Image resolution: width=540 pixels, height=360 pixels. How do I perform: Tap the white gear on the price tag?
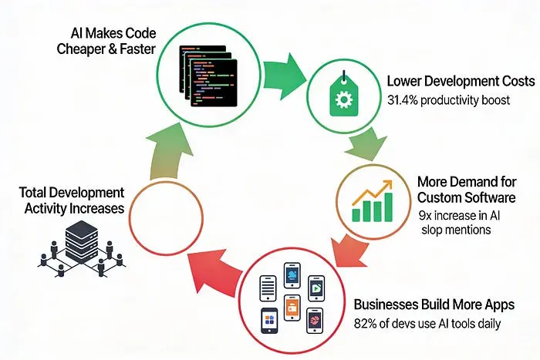click(344, 100)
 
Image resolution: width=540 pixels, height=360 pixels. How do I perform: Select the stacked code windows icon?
click(208, 76)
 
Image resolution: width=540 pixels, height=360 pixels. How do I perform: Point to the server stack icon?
click(82, 249)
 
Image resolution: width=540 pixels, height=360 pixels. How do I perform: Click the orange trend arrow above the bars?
click(373, 192)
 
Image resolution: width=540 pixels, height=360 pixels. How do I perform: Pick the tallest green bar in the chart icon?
click(389, 207)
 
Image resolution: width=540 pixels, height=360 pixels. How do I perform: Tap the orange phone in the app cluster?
click(292, 308)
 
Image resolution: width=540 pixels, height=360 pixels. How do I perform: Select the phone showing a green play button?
click(316, 288)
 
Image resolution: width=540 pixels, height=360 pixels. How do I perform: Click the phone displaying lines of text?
click(268, 288)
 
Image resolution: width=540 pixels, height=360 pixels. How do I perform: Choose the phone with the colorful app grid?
click(270, 321)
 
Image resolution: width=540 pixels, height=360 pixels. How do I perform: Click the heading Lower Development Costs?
click(461, 81)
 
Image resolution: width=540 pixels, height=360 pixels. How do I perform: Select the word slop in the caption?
click(431, 230)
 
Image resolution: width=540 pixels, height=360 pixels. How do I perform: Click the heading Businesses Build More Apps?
click(434, 304)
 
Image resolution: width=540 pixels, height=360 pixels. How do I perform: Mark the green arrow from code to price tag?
click(285, 76)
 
